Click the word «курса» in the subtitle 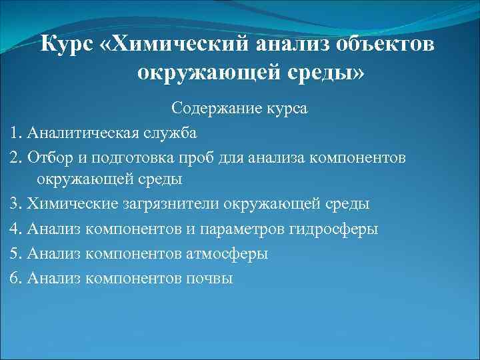point(285,108)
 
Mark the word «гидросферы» point(333,229)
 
